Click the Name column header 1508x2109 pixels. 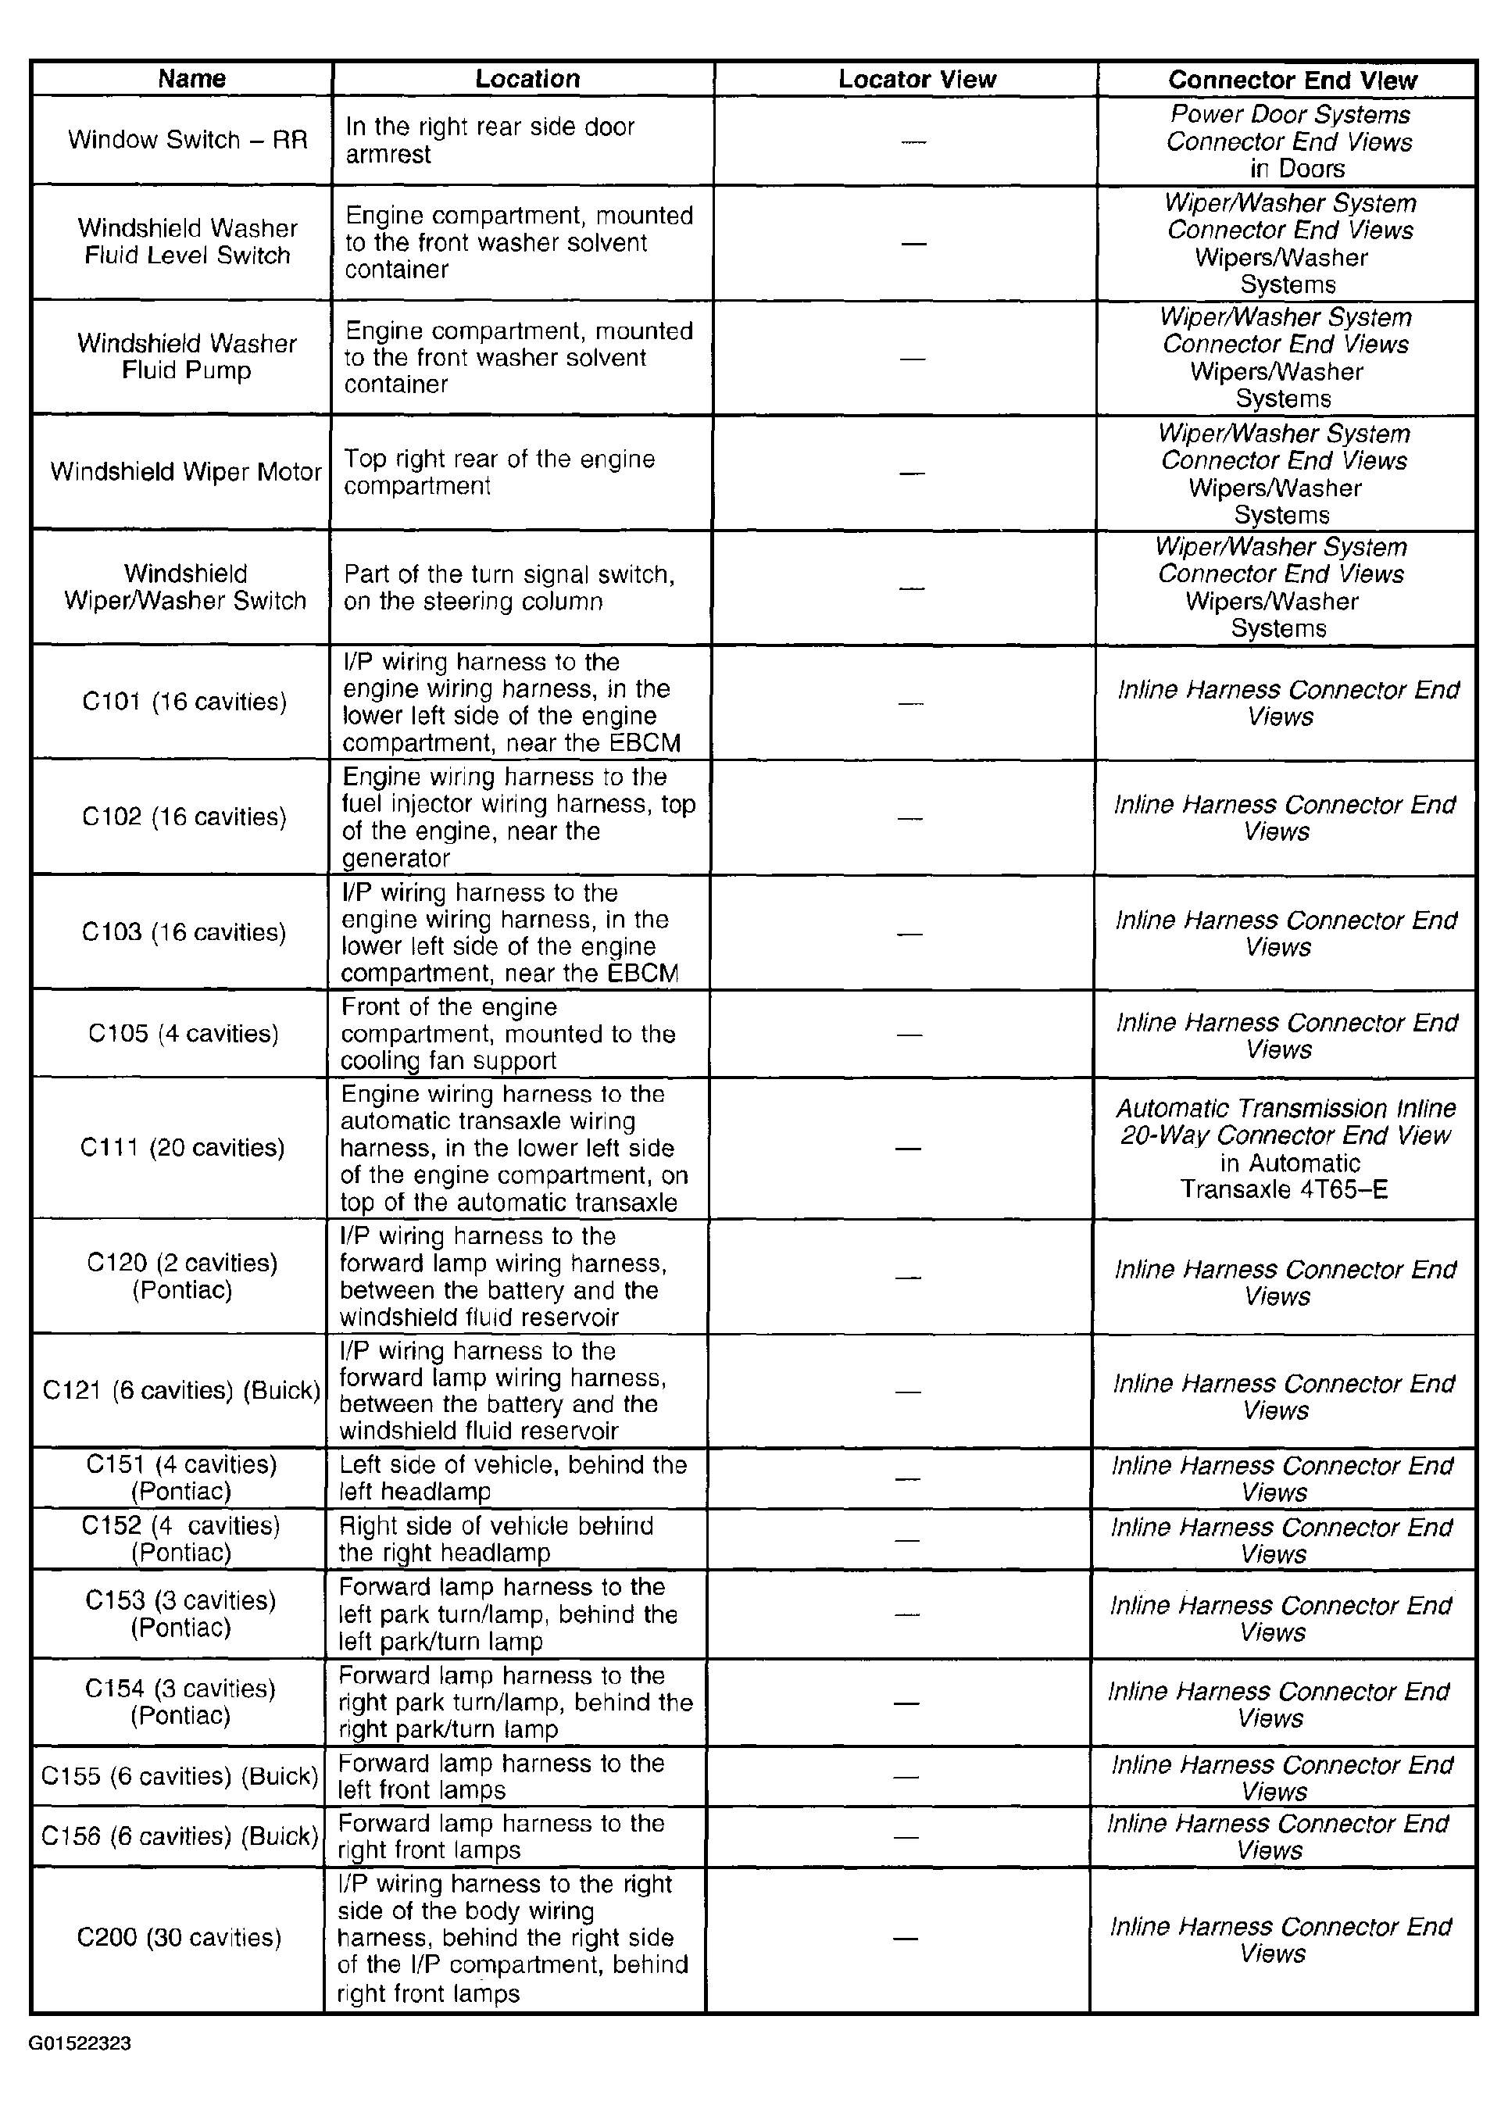[191, 79]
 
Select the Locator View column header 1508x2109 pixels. [917, 79]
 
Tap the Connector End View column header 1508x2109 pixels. [1292, 80]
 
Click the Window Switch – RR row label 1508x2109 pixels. [187, 140]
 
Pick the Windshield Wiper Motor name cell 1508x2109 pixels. [186, 472]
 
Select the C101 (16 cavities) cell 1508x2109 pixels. [184, 702]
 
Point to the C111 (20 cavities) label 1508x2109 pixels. [182, 1148]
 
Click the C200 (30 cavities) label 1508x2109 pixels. [179, 1938]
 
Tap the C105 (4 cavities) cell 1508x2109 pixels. [183, 1034]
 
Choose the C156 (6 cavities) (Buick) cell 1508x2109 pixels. [180, 1836]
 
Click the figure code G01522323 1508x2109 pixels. [80, 2043]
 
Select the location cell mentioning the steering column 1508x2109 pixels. [509, 588]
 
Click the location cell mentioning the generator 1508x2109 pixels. [518, 817]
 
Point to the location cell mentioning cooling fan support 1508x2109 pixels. [508, 1034]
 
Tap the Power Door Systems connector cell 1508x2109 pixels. [1289, 141]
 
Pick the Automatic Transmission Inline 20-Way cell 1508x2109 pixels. [1285, 1149]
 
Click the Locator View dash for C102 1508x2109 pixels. [911, 818]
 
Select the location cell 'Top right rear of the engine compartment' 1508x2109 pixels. [499, 473]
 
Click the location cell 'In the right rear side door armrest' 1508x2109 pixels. [490, 140]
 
